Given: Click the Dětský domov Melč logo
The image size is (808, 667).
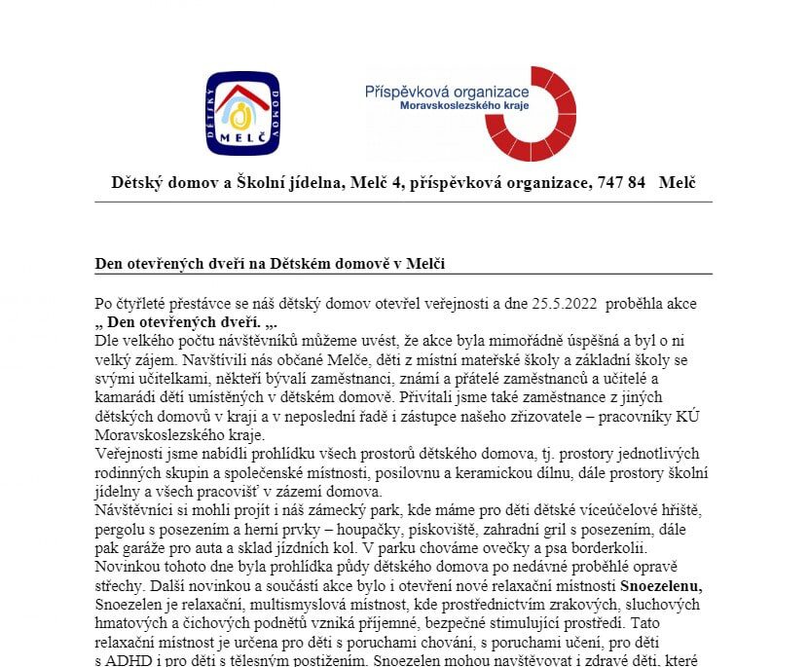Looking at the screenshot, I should pos(242,114).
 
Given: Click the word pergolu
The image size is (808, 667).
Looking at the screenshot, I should pos(121,530).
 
